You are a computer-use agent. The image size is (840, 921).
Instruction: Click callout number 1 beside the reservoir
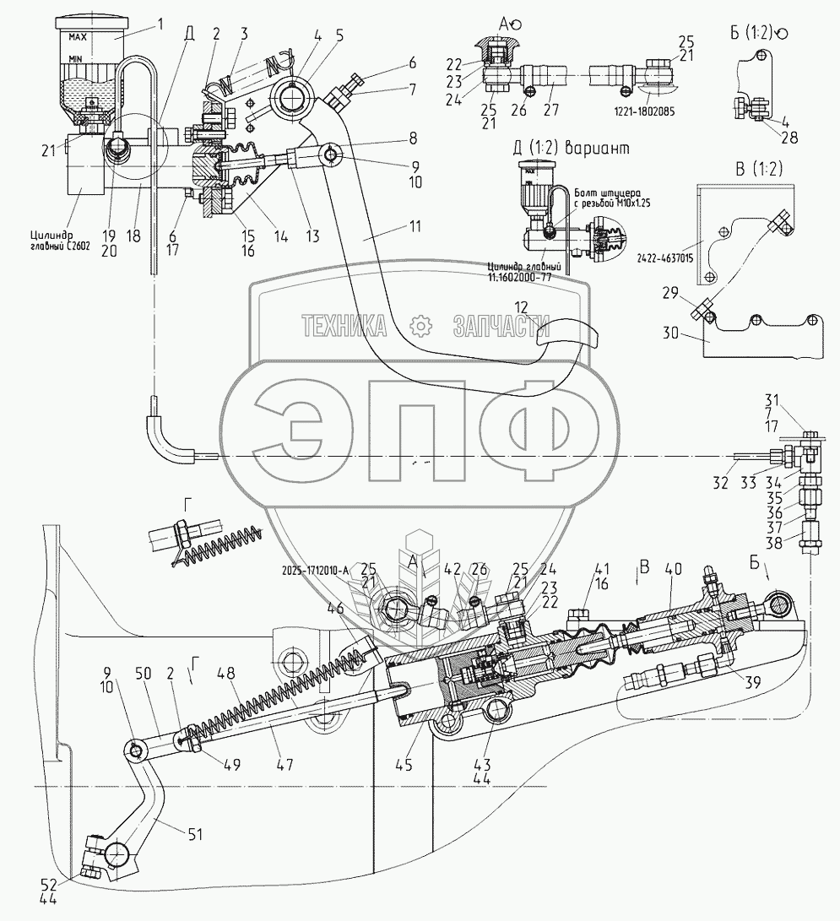click(160, 24)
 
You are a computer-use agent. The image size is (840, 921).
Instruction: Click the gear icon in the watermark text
click(420, 325)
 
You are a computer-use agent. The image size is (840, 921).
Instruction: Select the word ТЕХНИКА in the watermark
click(344, 325)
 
